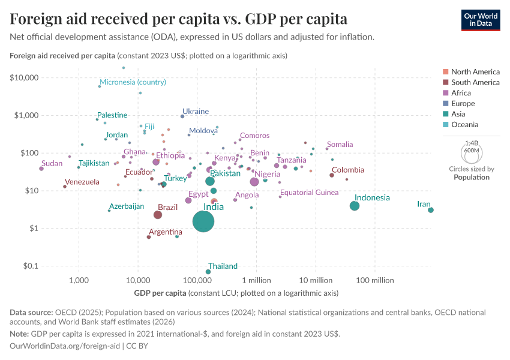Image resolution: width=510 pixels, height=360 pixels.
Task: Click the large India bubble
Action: (x=204, y=221)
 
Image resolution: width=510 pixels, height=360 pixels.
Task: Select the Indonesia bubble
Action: (x=355, y=206)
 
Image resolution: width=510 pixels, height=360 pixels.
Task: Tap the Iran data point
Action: (x=431, y=210)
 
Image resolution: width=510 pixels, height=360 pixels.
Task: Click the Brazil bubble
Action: (x=158, y=215)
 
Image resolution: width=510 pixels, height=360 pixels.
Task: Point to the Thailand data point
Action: (x=208, y=272)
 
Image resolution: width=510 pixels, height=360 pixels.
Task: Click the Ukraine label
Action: (x=196, y=112)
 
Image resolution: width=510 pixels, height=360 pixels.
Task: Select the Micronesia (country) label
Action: (x=133, y=82)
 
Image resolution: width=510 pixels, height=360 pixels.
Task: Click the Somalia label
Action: (x=340, y=145)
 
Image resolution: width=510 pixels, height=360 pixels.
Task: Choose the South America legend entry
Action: (x=475, y=82)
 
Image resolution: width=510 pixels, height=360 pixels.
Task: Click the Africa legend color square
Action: (x=445, y=93)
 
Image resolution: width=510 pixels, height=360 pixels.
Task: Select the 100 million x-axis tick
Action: (x=374, y=280)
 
